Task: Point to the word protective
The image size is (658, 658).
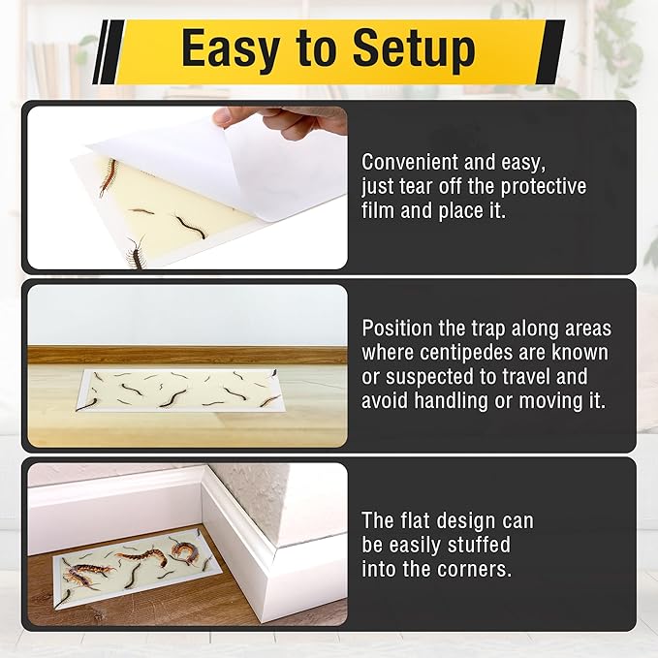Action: (538, 186)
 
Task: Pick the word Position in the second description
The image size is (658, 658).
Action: (396, 329)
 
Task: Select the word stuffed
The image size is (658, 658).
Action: (474, 545)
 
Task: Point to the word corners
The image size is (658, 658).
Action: (470, 569)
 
